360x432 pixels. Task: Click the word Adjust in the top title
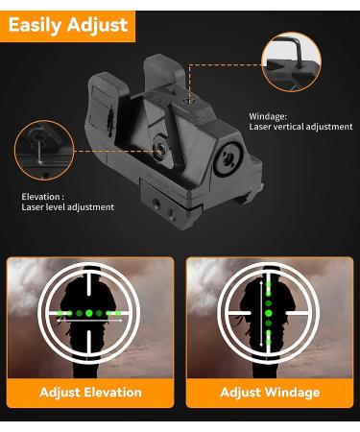pyautogui.click(x=100, y=24)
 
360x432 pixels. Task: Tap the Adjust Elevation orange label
pyautogui.click(x=90, y=392)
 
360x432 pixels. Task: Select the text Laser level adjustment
pyautogui.click(x=67, y=207)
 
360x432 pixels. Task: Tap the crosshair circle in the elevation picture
pyautogui.click(x=90, y=312)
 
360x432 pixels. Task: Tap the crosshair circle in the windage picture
pyautogui.click(x=268, y=312)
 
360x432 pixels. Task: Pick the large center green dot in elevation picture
pyautogui.click(x=89, y=313)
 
